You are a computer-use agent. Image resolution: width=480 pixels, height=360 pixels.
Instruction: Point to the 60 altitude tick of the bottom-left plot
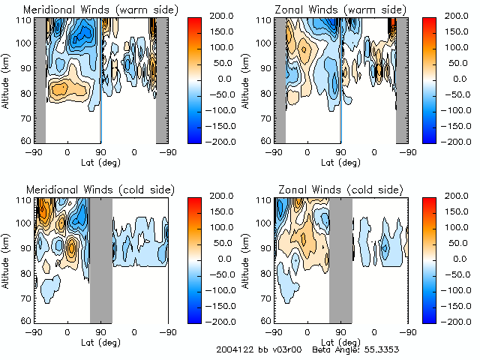[x=25, y=320]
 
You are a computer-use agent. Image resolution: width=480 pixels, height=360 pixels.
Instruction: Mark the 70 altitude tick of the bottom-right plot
[x=265, y=296]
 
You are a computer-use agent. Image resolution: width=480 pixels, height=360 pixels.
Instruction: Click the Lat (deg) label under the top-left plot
[x=100, y=162]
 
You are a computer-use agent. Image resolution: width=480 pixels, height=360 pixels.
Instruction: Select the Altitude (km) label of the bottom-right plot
[x=249, y=259]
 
